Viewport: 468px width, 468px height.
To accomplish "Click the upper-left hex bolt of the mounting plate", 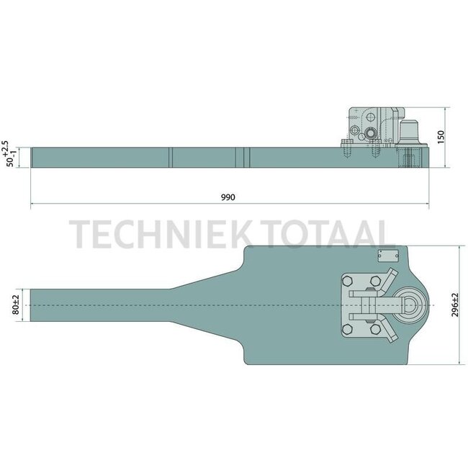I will tap(347, 281).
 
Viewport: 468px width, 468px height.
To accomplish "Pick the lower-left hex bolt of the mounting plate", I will tap(347, 329).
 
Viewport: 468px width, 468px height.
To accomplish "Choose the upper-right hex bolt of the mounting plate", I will tap(375, 281).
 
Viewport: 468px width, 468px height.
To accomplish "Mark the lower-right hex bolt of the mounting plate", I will tap(375, 329).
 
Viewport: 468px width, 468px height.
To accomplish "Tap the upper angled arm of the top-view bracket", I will tap(387, 281).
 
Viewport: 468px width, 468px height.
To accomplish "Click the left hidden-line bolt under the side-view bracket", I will tap(348, 153).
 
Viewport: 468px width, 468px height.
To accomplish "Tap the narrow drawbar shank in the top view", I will tap(101, 305).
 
